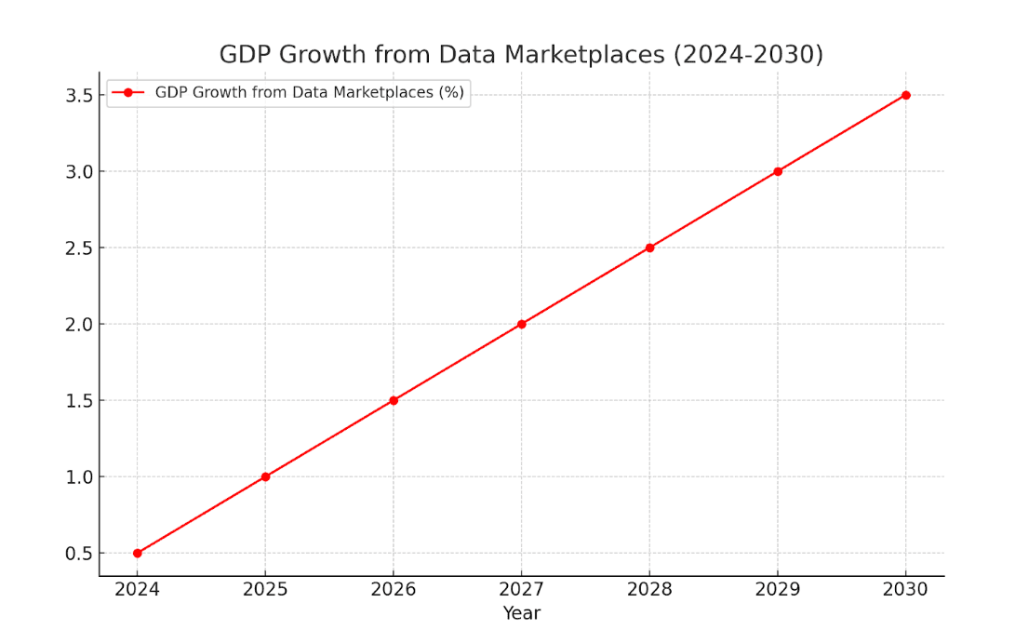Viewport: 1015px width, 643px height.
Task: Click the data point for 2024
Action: tap(138, 553)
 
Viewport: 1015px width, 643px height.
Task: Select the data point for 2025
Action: tap(265, 476)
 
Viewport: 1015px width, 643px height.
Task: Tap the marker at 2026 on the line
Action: tap(394, 400)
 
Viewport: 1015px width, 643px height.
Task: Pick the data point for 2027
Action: tap(522, 324)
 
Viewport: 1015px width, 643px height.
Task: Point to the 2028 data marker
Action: tap(649, 248)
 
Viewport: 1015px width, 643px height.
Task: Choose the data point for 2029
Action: tap(778, 171)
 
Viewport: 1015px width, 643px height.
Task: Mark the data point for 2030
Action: tap(905, 95)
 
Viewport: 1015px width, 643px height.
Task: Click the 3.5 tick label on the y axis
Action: tap(79, 96)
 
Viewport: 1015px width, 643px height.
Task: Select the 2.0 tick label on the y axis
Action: tap(79, 325)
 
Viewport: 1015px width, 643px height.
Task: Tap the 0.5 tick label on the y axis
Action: tap(79, 554)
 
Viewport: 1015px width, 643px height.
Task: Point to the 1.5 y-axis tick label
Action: tap(79, 401)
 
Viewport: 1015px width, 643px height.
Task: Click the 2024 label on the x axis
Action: tap(138, 589)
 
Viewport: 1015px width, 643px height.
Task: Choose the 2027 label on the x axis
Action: tap(522, 589)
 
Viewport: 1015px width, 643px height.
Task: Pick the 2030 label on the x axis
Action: tap(905, 589)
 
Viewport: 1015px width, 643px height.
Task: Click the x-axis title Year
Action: tap(522, 613)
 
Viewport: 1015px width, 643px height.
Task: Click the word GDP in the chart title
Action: tap(245, 55)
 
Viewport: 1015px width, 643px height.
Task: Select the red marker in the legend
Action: tap(128, 92)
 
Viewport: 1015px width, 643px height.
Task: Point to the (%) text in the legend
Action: tap(450, 92)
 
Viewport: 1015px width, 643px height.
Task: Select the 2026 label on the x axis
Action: tap(394, 589)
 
